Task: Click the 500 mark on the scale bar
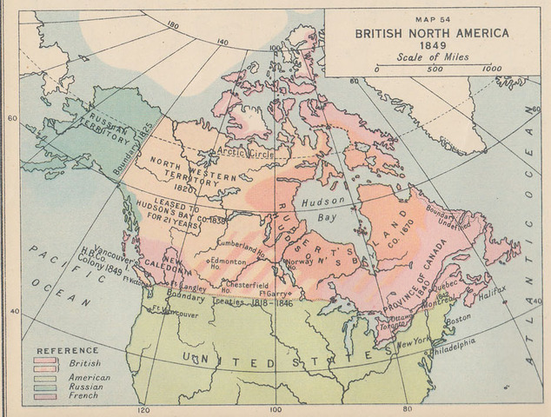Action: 435,68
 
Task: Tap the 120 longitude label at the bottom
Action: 143,408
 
